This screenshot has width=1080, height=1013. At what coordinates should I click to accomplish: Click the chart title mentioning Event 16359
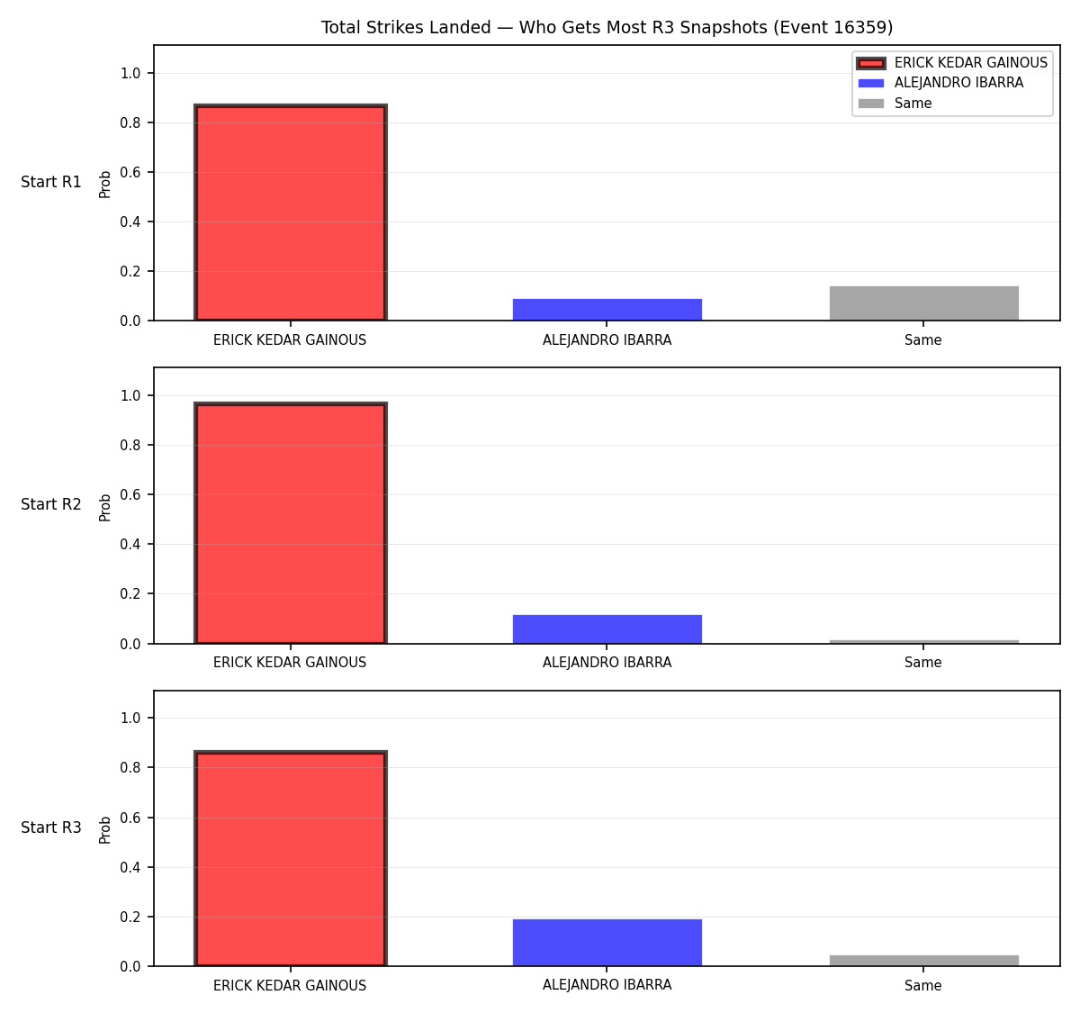tap(607, 27)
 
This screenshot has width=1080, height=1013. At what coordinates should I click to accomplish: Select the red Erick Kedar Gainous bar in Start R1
tap(291, 213)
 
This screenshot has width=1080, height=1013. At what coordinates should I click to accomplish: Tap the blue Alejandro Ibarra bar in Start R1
tap(607, 309)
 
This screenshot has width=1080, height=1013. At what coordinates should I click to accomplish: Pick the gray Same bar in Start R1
tap(923, 303)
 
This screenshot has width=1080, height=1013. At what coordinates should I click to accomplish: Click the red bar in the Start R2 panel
tap(291, 522)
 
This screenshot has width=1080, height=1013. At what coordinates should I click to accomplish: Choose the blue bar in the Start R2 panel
tap(607, 629)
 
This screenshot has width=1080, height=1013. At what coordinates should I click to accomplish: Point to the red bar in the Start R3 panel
tap(291, 858)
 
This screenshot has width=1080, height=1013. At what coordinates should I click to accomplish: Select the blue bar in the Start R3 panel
tap(607, 943)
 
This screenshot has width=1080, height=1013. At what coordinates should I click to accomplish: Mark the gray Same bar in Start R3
tap(923, 961)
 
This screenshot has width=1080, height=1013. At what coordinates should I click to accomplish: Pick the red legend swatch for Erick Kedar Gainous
tap(870, 63)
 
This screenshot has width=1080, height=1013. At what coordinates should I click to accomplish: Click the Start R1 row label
tap(51, 182)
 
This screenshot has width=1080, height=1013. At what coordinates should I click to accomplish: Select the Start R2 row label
tap(51, 504)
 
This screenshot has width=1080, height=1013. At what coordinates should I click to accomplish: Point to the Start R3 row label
tap(51, 828)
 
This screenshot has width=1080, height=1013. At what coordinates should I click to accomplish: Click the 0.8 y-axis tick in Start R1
tap(130, 123)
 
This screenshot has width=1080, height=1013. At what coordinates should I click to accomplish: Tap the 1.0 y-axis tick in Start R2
tap(130, 395)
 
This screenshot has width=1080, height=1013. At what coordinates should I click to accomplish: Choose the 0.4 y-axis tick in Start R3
tap(130, 867)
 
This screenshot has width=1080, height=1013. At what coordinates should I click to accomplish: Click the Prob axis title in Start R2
tap(105, 507)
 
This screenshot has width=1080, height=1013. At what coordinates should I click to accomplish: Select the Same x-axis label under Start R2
tap(922, 663)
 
